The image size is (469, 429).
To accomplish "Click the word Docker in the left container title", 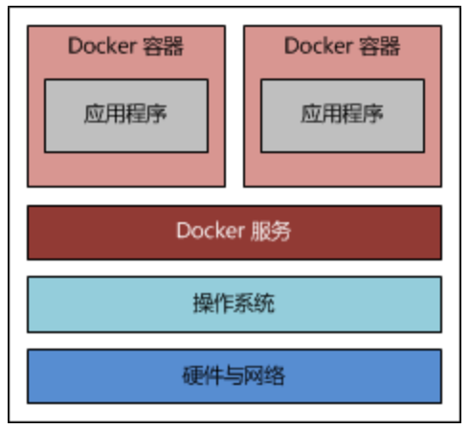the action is pyautogui.click(x=102, y=46).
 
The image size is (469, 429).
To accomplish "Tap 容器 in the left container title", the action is pyautogui.click(x=163, y=46).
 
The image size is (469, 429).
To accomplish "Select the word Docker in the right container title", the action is pyautogui.click(x=319, y=46).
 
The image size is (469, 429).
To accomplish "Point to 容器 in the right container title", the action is pyautogui.click(x=379, y=46).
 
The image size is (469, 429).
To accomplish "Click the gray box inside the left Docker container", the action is pyautogui.click(x=126, y=116).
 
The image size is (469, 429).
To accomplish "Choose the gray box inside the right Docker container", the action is pyautogui.click(x=343, y=116).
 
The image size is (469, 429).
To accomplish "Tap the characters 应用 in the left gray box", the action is pyautogui.click(x=104, y=114).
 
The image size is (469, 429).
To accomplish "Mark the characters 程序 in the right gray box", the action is pyautogui.click(x=363, y=114).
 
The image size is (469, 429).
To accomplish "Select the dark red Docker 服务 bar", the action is pyautogui.click(x=234, y=233).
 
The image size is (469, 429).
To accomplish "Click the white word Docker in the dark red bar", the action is pyautogui.click(x=211, y=231).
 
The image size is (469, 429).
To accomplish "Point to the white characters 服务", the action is pyautogui.click(x=271, y=231).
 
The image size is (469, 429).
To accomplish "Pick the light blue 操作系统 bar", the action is pyautogui.click(x=234, y=305).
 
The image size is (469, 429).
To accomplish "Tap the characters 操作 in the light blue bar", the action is pyautogui.click(x=213, y=304).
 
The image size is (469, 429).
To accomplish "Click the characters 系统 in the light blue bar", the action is pyautogui.click(x=255, y=304).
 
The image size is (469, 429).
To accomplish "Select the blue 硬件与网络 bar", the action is pyautogui.click(x=234, y=376).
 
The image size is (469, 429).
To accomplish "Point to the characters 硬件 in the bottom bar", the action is pyautogui.click(x=203, y=375).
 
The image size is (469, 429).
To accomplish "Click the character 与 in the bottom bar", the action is pyautogui.click(x=234, y=375).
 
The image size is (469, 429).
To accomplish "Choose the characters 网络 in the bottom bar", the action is pyautogui.click(x=264, y=375).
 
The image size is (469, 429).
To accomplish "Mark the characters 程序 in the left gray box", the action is pyautogui.click(x=146, y=114).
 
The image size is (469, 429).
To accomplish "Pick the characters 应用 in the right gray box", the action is pyautogui.click(x=322, y=114).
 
